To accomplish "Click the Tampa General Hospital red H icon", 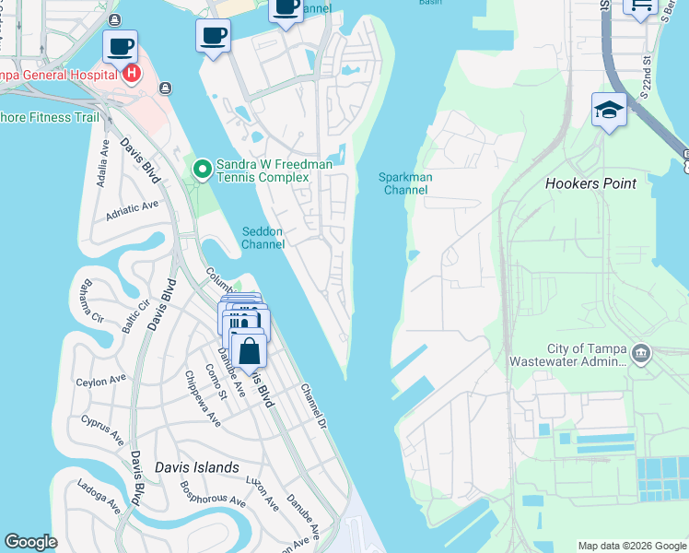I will [132, 73].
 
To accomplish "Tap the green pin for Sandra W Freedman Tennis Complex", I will [202, 169].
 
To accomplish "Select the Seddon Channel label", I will [263, 238].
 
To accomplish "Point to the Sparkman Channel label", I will [405, 183].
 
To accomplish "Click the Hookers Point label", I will [590, 183].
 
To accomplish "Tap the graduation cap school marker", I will [609, 111].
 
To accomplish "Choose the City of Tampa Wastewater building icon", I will [641, 351].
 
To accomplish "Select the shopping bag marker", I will [249, 352].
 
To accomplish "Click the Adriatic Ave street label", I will [132, 209].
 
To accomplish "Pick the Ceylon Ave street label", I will [101, 380].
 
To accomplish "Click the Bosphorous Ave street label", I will [212, 494].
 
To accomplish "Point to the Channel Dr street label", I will [313, 406].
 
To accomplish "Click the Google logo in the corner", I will [30, 542].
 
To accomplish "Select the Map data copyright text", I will [632, 546].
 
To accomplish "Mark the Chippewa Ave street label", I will [202, 398].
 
